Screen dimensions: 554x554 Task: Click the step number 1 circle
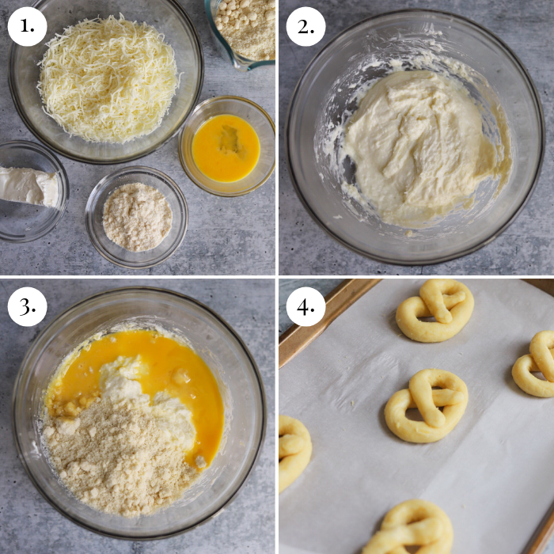(x=28, y=26)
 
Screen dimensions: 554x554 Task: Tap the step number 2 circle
(x=305, y=26)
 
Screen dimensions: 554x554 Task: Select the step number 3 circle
(x=28, y=306)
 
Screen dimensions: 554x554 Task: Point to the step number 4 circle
(x=305, y=306)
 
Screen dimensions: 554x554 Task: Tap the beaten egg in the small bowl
(x=226, y=147)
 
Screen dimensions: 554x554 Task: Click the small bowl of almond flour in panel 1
(x=137, y=216)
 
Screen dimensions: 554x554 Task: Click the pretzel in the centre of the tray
(x=427, y=404)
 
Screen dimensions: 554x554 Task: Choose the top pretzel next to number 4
(x=435, y=309)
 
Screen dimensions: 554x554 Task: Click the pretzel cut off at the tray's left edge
(x=293, y=451)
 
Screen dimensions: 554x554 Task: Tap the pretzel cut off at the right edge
(x=536, y=363)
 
